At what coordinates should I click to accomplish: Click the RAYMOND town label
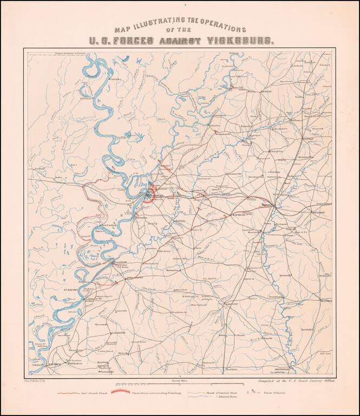coord(239,215)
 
